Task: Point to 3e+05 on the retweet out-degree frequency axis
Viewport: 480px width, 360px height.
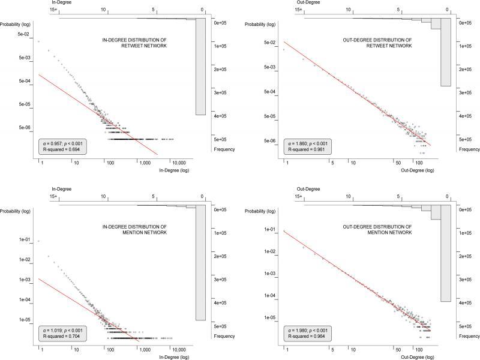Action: (466, 92)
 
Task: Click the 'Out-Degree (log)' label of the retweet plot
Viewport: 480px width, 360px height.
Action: (416, 171)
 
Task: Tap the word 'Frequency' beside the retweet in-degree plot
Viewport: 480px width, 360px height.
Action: (224, 149)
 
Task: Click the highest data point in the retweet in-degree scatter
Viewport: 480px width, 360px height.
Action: (39, 41)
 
